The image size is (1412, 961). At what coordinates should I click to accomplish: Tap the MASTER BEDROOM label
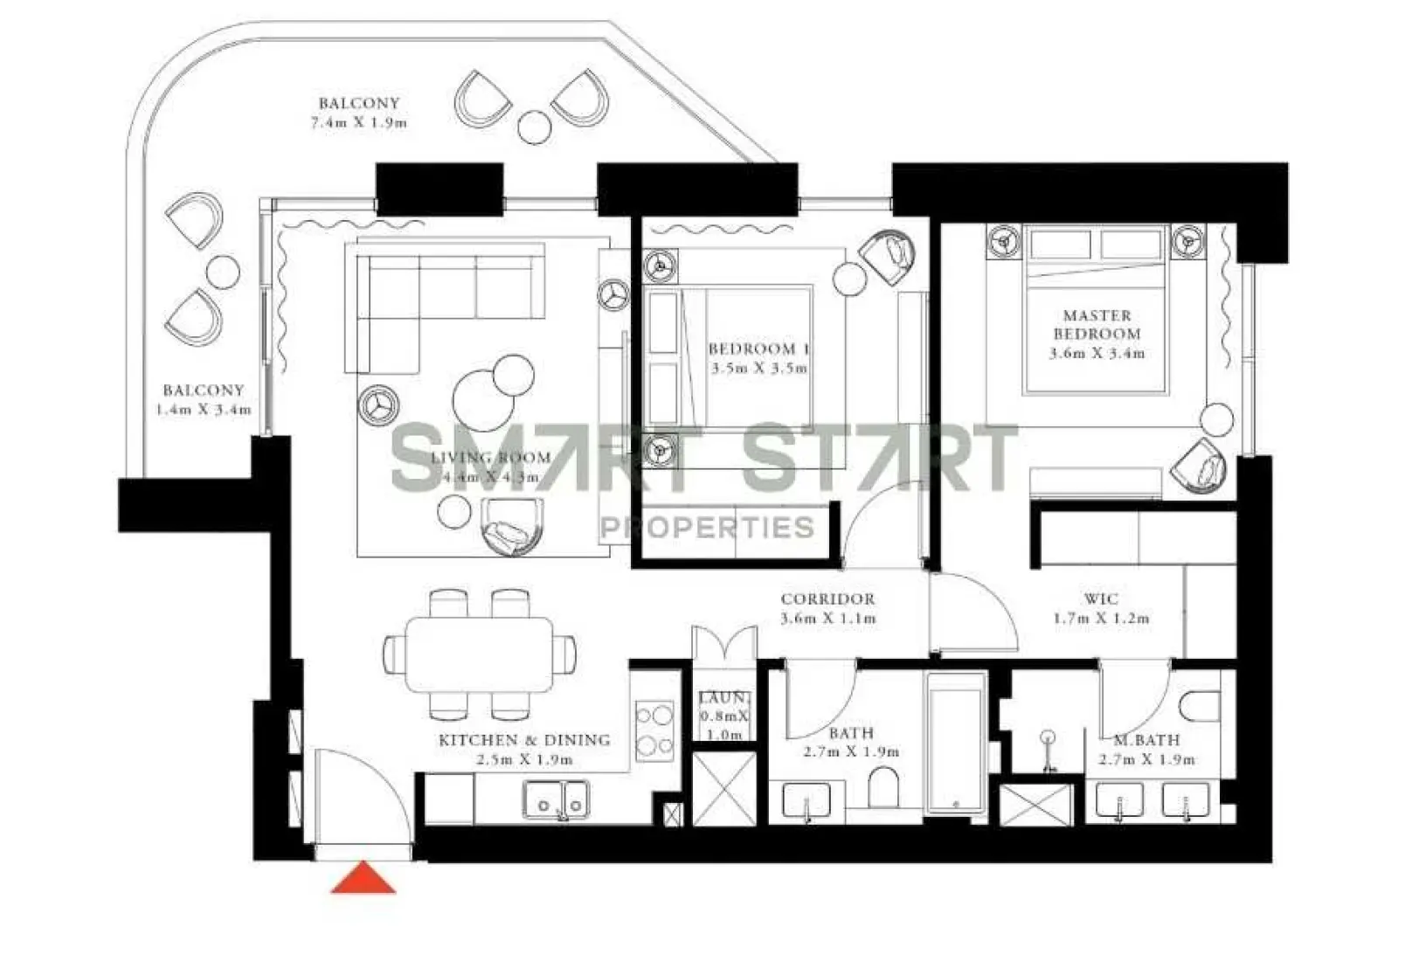[1097, 324]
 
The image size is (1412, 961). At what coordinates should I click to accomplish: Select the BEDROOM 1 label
[758, 349]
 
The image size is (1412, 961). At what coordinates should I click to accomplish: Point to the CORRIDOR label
[827, 599]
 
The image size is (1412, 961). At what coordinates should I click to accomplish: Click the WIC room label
[1100, 599]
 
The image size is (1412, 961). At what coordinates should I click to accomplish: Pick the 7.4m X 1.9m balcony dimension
[358, 123]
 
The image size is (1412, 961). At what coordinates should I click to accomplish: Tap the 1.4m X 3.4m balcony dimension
[204, 410]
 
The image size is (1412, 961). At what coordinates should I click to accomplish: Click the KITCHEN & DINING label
[523, 740]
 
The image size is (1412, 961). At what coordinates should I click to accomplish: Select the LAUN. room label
[723, 698]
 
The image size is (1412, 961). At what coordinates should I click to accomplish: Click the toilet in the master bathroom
[1199, 705]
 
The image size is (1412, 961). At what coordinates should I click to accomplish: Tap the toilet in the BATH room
[884, 788]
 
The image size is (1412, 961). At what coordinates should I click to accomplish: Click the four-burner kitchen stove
[654, 730]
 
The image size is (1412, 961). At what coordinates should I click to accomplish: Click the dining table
[480, 654]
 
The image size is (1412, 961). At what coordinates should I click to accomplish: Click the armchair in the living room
[512, 526]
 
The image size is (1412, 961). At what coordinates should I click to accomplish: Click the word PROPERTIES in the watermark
[707, 528]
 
